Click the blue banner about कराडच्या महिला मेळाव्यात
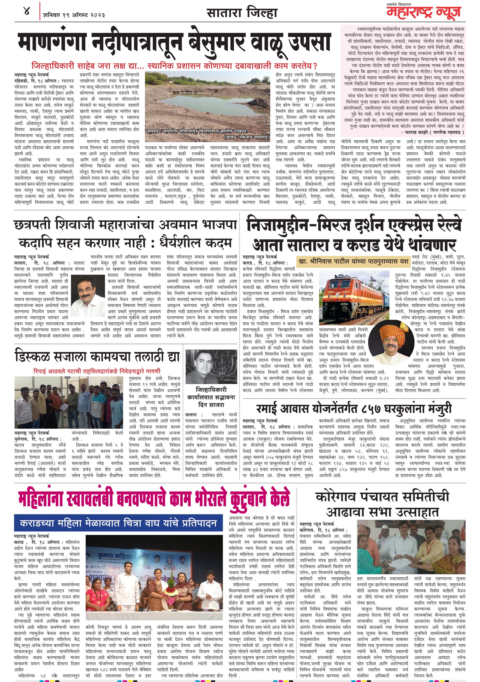tap(118, 523)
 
